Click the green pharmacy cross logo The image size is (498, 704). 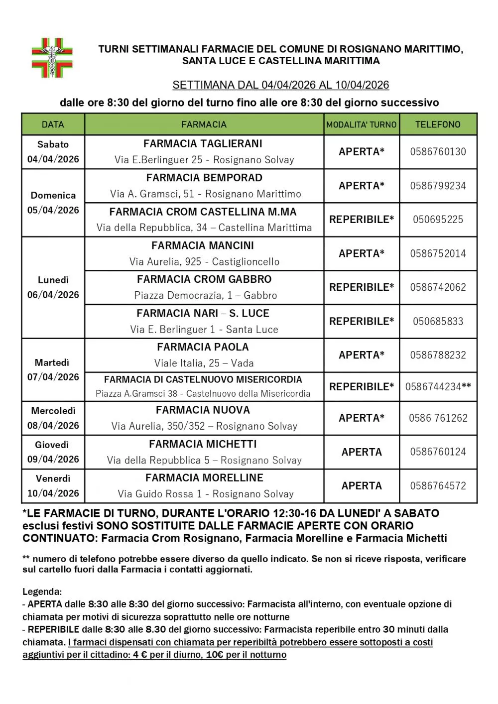pos(52,58)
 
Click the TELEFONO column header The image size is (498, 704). pos(438,124)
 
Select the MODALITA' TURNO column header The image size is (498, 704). pos(362,124)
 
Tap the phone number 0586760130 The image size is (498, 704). pos(438,152)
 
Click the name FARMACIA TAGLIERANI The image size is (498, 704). pos(203,144)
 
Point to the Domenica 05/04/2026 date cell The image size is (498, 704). pos(53,203)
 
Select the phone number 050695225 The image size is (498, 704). pos(438,220)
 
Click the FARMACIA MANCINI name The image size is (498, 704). pos(203,245)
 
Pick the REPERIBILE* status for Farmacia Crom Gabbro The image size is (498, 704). pos(362,287)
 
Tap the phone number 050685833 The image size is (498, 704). pos(438,321)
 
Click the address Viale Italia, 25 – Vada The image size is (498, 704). pos(204,363)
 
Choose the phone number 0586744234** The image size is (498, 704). pos(438,387)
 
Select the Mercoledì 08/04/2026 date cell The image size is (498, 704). pos(53,418)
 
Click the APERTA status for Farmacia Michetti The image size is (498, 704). pos(362,452)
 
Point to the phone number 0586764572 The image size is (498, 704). pos(438,486)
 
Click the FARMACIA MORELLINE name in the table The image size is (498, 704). pos(204,478)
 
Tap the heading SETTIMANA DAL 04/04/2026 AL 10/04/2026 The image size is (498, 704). pos(280,85)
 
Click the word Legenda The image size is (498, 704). pos(42,591)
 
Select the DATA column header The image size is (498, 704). pos(53,124)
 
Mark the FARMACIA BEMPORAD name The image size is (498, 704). pos(204,178)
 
